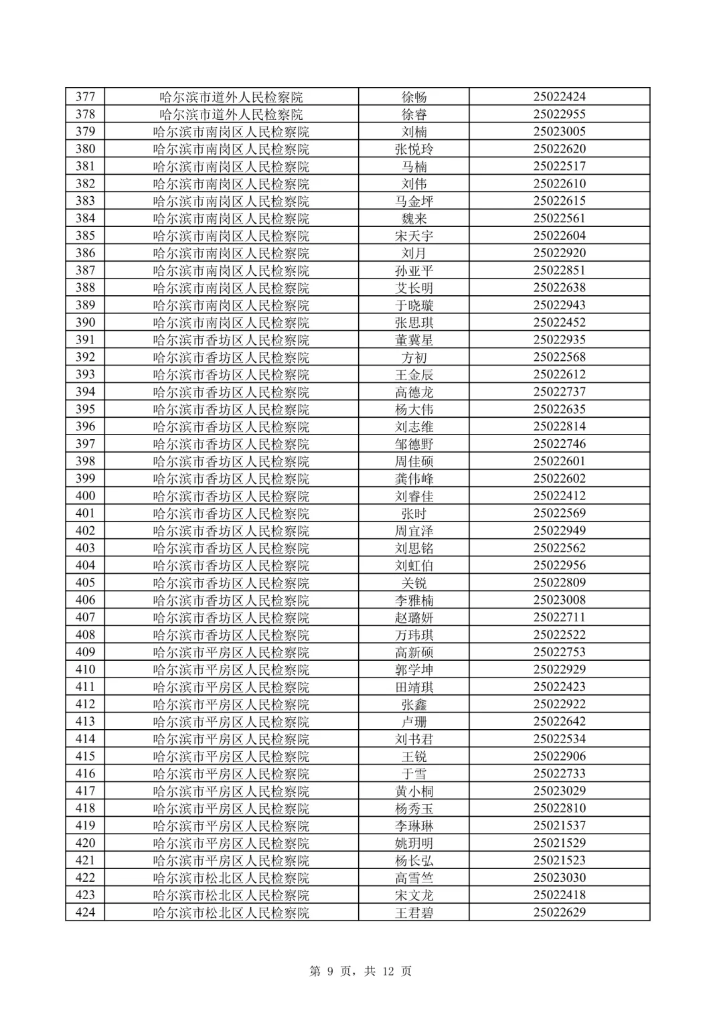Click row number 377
point(85,97)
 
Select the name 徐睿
point(414,114)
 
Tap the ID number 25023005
point(559,132)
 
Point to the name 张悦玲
point(414,149)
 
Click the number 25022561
point(559,218)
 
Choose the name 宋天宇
point(414,236)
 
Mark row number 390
point(85,323)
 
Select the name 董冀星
point(414,340)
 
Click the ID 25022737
point(559,392)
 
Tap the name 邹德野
point(414,444)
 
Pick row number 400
point(85,496)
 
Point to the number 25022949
point(559,531)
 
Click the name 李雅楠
point(414,601)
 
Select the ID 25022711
point(559,617)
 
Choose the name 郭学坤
point(414,670)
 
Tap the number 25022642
point(559,722)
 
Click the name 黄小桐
point(414,791)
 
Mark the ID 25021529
point(559,843)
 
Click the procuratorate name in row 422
point(231,878)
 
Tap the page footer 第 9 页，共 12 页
point(361,971)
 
